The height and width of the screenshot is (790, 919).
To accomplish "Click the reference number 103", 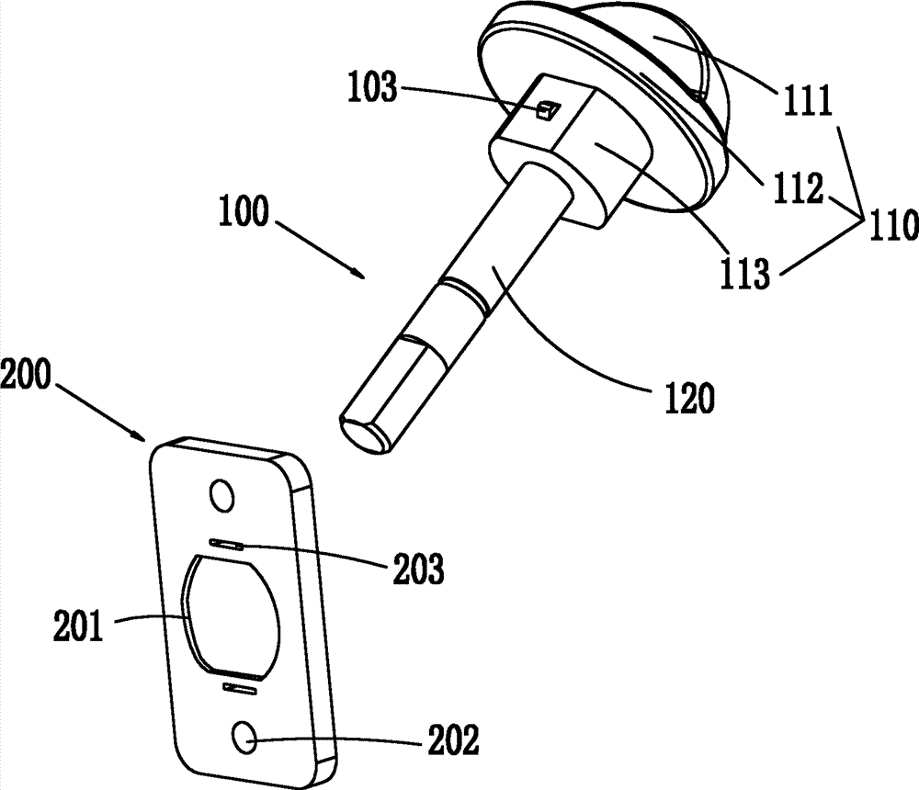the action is pyautogui.click(x=373, y=88).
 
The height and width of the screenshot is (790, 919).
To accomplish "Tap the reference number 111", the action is pyautogui.click(x=808, y=100).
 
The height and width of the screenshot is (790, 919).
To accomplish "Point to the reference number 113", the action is pyautogui.click(x=744, y=273).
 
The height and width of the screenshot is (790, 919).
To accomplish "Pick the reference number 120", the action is pyautogui.click(x=690, y=399).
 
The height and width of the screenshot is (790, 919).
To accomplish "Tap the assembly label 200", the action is pyautogui.click(x=26, y=374).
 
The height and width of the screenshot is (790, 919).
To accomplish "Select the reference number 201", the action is pyautogui.click(x=78, y=626).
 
